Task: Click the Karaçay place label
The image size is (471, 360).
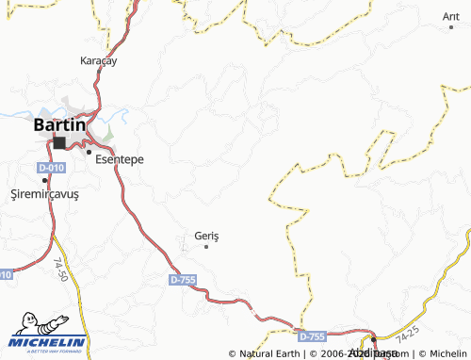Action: click(98, 60)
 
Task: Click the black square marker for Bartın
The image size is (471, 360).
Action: click(60, 143)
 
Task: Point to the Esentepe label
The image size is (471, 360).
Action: click(120, 160)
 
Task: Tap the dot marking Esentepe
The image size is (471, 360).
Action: click(89, 152)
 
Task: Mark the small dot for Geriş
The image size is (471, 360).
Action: click(206, 247)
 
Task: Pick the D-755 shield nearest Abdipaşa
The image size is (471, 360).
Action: click(312, 335)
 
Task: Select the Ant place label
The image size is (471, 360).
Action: click(450, 17)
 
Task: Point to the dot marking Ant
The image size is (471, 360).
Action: click(454, 29)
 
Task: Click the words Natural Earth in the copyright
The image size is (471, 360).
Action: click(269, 353)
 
